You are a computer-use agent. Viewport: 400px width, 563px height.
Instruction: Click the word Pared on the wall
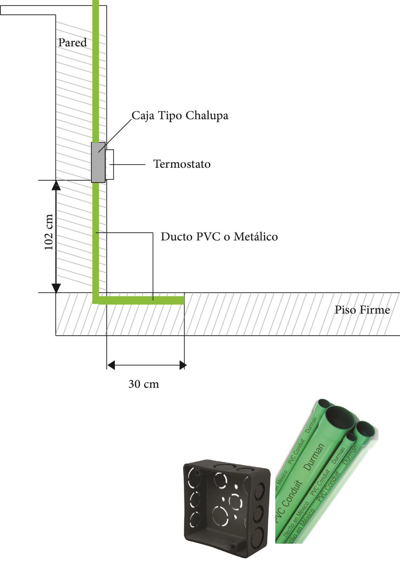[72, 42]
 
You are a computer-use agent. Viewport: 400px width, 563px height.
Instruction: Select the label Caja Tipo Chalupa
[180, 115]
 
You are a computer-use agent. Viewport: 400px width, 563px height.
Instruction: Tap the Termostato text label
[182, 164]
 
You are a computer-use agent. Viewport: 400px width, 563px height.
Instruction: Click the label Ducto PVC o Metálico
[219, 237]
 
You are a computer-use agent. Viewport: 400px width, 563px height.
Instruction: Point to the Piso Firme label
[362, 310]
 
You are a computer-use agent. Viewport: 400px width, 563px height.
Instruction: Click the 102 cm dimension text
[49, 232]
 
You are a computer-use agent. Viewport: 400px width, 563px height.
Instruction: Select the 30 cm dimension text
[144, 384]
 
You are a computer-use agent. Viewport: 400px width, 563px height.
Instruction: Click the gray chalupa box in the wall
[98, 163]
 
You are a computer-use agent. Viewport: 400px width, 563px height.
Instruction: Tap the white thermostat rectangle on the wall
[110, 165]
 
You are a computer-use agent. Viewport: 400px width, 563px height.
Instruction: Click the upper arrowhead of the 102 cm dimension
[56, 185]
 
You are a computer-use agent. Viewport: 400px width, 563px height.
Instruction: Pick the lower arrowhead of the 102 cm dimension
[56, 288]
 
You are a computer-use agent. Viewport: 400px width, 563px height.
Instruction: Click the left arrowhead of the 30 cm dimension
[111, 365]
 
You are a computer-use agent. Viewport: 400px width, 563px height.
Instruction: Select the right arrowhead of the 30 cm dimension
[183, 365]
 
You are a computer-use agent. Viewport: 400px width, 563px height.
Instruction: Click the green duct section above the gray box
[96, 71]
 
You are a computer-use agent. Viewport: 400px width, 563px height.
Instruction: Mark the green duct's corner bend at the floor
[96, 300]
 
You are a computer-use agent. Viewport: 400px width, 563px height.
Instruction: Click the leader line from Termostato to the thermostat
[127, 165]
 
